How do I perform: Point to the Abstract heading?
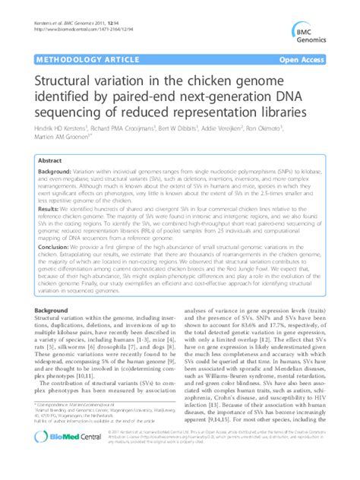50,161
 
